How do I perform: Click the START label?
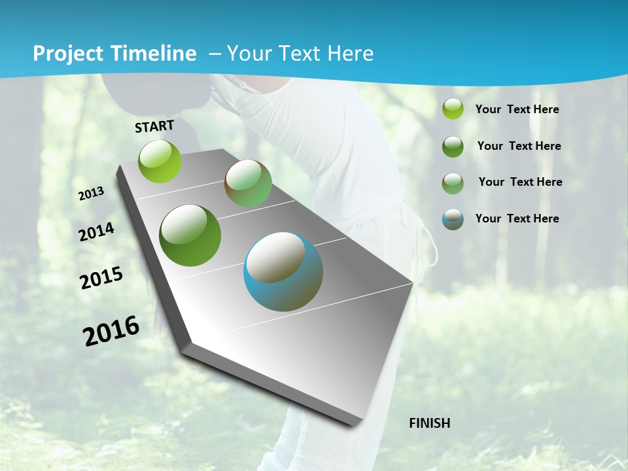[x=154, y=126]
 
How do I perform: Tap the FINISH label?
[x=430, y=423]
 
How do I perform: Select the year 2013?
[x=92, y=194]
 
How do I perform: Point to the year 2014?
[x=97, y=232]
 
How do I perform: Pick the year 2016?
[x=112, y=330]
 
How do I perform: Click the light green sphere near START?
[x=160, y=161]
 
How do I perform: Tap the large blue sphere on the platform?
[x=283, y=271]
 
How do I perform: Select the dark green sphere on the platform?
[x=190, y=235]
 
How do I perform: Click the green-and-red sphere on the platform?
[x=248, y=183]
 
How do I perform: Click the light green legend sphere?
[x=453, y=109]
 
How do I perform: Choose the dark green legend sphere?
[x=453, y=146]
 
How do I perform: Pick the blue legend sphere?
[x=453, y=219]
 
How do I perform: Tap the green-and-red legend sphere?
[x=453, y=183]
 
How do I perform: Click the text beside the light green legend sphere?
[x=517, y=109]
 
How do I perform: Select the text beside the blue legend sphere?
[x=517, y=218]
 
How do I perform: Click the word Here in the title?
[x=350, y=54]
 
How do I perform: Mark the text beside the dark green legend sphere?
[x=519, y=146]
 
